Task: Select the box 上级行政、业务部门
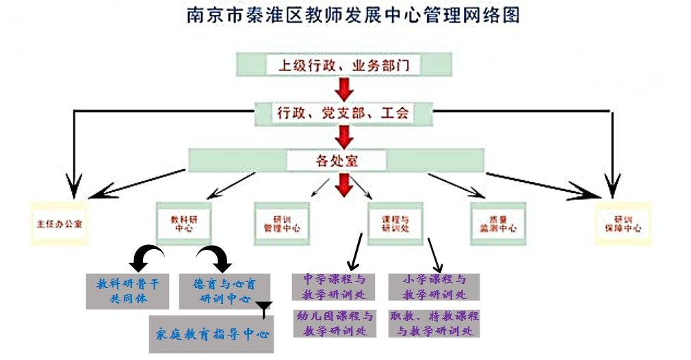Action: tap(344, 65)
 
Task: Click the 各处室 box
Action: tap(337, 161)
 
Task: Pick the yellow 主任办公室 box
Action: tap(60, 224)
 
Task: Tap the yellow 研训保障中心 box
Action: tap(623, 224)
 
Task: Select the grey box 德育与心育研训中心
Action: tap(225, 290)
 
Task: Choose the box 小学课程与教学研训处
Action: tap(434, 287)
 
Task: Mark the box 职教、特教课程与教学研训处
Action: tap(434, 323)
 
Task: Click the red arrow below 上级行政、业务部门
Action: tap(344, 88)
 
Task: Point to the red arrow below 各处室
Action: tap(344, 184)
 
